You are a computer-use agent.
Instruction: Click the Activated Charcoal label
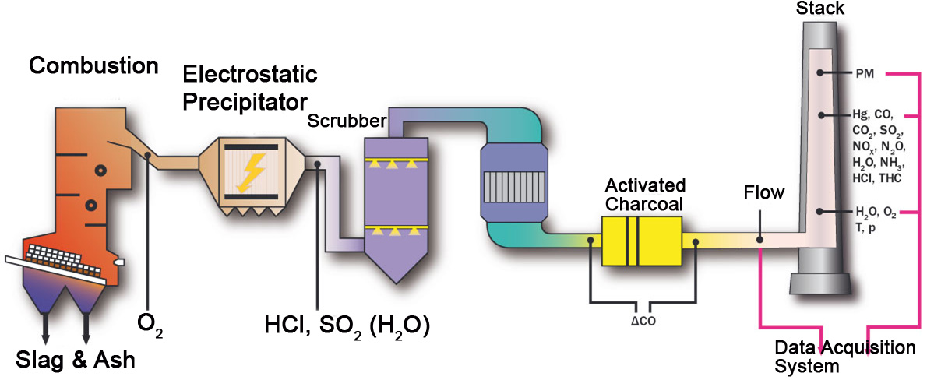tap(646, 194)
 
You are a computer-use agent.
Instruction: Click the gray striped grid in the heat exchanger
tap(512, 186)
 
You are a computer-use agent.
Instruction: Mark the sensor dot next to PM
tap(821, 72)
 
